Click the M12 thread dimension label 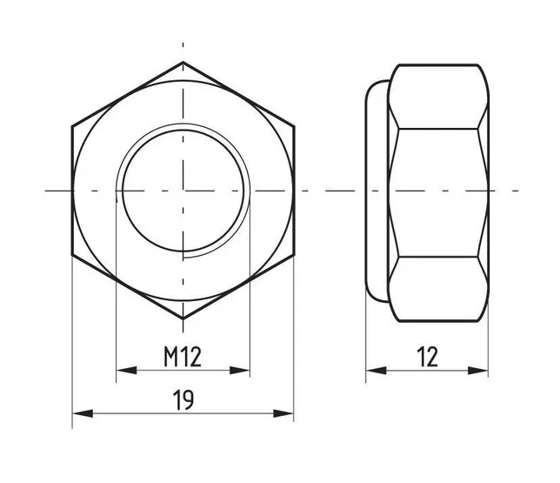183,357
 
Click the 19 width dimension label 183,399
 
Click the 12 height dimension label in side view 427,357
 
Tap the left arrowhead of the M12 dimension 126,371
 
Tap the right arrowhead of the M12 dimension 240,371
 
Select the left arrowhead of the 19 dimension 83,413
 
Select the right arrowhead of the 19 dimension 283,413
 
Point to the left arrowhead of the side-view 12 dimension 376,371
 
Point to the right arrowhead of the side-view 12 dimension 478,371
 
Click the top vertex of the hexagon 183,62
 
